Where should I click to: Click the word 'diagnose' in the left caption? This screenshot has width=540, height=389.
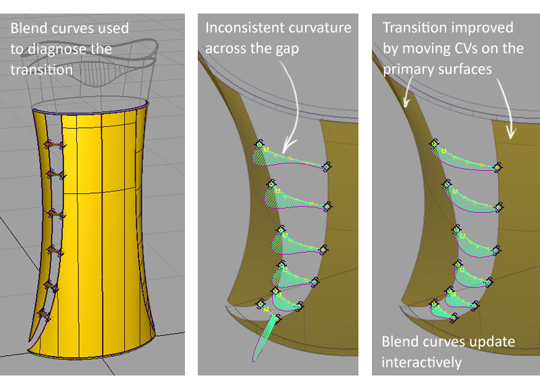pyautogui.click(x=70, y=49)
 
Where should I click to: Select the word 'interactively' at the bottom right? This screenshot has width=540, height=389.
pyautogui.click(x=422, y=363)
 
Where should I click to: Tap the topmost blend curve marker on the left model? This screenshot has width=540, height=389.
pyautogui.click(x=50, y=144)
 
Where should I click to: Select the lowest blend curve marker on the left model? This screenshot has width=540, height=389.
pyautogui.click(x=45, y=313)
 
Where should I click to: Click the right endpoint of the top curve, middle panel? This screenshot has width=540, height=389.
pyautogui.click(x=327, y=166)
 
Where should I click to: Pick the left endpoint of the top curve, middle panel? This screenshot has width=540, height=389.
pyautogui.click(x=259, y=144)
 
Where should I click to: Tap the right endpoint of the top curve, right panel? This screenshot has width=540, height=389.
pyautogui.click(x=498, y=167)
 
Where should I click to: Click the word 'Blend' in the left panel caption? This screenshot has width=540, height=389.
pyautogui.click(x=27, y=28)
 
